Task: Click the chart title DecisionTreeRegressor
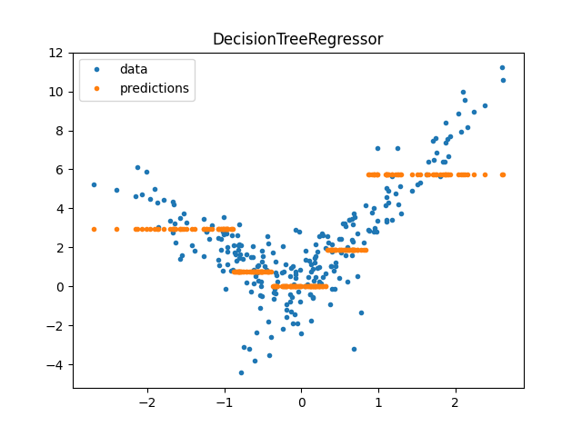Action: click(297, 39)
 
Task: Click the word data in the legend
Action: click(133, 69)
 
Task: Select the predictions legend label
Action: click(154, 88)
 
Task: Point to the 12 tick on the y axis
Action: click(56, 53)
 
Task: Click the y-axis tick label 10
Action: click(56, 92)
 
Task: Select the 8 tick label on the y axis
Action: click(60, 131)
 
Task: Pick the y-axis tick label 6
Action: click(60, 170)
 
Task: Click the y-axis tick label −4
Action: click(56, 365)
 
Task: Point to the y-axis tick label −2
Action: click(56, 326)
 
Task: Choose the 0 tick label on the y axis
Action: click(60, 287)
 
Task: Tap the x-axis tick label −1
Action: click(224, 401)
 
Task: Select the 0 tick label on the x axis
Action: click(302, 401)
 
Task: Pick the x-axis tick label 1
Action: click(378, 401)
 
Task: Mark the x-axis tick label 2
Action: click(456, 401)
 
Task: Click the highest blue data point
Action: click(502, 67)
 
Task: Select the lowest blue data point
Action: click(241, 372)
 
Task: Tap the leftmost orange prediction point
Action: click(94, 229)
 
